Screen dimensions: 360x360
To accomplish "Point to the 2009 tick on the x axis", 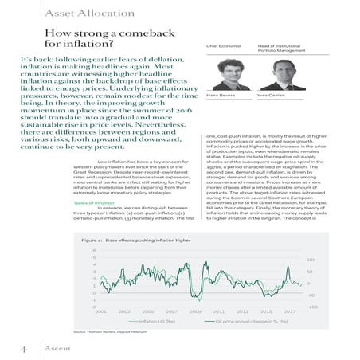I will [x=195, y=311].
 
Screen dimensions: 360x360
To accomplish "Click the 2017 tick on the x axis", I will [x=290, y=311].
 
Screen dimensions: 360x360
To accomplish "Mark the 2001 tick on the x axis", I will [x=101, y=311].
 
